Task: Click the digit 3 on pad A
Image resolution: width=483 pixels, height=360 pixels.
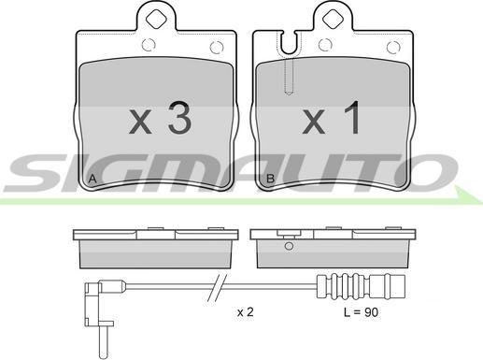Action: coord(179,119)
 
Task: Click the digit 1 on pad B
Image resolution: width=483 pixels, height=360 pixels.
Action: coord(352,118)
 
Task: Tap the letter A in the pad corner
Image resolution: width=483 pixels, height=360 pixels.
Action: coord(92,180)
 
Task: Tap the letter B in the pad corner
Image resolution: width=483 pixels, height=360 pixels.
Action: coord(270,179)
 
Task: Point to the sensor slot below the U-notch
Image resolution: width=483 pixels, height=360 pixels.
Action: coord(289,76)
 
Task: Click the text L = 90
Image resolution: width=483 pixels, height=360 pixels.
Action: coord(361,312)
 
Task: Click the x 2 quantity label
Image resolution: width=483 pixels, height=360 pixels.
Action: coord(246,312)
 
